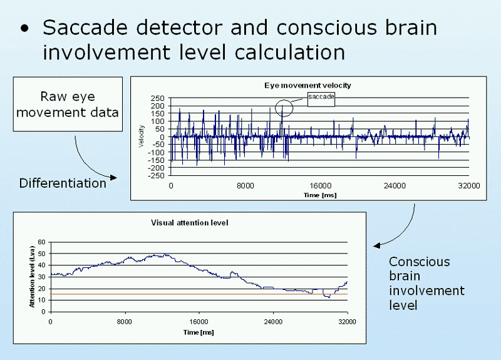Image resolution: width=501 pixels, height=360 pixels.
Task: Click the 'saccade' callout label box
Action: (321, 100)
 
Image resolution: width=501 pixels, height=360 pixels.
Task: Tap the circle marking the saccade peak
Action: (284, 100)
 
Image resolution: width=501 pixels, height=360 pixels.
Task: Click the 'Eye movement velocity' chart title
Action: (307, 85)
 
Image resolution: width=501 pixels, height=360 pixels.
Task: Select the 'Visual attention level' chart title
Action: (190, 223)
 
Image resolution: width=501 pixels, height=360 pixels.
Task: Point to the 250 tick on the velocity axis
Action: (158, 98)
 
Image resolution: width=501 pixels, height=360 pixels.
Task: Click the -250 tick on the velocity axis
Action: (156, 176)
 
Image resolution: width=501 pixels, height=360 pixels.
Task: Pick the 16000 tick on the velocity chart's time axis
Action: (320, 186)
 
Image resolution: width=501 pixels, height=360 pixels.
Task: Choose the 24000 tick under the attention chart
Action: (273, 322)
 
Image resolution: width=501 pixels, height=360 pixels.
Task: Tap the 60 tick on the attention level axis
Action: (41, 242)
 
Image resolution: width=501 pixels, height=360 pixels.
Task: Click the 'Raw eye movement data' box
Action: (68, 104)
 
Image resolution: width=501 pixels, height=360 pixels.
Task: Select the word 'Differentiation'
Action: (63, 183)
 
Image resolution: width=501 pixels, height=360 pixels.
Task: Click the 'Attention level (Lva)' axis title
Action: (32, 277)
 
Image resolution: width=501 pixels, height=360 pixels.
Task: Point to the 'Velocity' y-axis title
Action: (142, 136)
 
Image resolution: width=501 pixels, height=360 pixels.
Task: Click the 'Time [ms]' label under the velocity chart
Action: (320, 195)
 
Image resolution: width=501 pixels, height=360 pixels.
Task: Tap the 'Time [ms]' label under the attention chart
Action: (199, 332)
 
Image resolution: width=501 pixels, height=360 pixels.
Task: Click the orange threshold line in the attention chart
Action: (199, 294)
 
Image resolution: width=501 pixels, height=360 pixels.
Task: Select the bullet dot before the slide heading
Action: (24, 29)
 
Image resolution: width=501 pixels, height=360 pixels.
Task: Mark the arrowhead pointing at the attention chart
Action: (377, 245)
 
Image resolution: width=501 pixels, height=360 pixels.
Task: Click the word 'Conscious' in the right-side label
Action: (420, 262)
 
